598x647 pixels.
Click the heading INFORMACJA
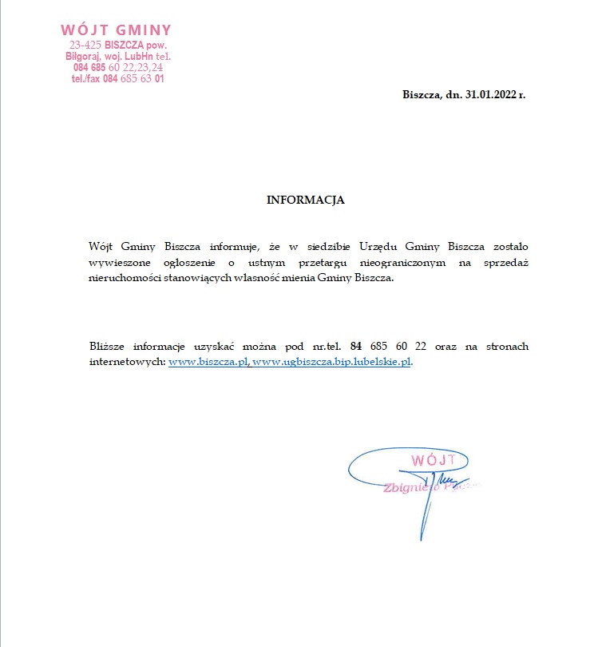[305, 200]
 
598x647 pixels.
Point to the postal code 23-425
[85, 46]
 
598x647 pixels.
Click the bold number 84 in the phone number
[356, 346]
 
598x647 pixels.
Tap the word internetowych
[127, 362]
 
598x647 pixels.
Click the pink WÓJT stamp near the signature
[432, 460]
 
